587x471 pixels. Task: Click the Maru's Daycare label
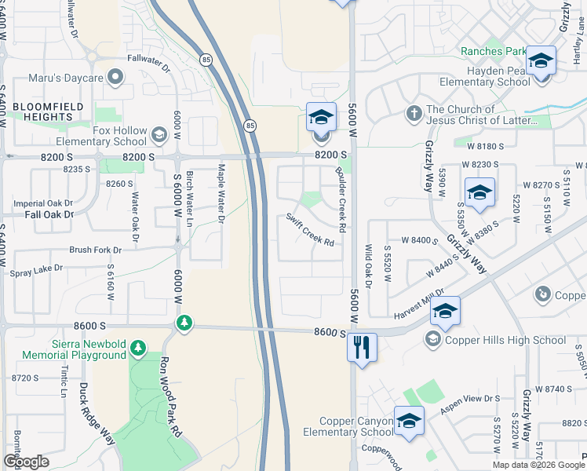67,78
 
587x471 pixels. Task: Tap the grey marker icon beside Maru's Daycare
117,77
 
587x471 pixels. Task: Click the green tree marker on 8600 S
184,323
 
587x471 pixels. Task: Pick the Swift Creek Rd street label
310,229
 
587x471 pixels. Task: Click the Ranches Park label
493,51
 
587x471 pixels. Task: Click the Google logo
26,462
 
